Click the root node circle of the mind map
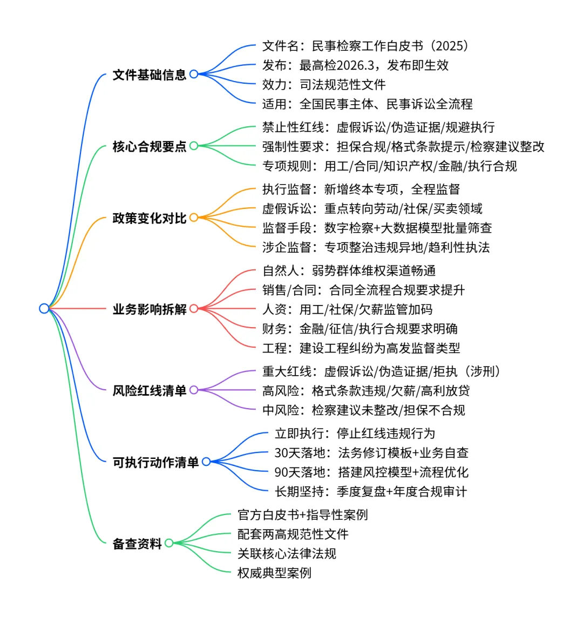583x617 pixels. coord(44,308)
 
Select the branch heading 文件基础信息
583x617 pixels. coord(149,74)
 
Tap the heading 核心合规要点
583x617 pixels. coord(149,146)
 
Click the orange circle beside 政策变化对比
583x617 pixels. coord(194,218)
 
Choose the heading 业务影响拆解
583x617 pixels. coord(149,309)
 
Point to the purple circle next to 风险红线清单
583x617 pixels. coord(194,390)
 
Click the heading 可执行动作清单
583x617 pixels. coord(155,462)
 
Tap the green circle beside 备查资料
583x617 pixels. coord(169,543)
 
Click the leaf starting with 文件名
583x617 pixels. coord(365,46)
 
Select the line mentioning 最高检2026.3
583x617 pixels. coord(355,65)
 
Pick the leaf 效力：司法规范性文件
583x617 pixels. coord(324,85)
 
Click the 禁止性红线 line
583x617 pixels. coord(378,127)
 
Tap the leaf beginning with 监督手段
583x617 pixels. coord(377,228)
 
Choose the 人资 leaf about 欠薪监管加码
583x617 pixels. coord(347,309)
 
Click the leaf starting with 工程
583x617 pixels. coord(361,348)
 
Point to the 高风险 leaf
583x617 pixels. coord(366,390)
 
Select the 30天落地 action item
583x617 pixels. coord(371,453)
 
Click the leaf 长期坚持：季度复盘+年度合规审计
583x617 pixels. coord(370,491)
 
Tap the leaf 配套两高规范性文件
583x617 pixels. coord(293,534)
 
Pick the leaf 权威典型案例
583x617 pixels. coord(274,573)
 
